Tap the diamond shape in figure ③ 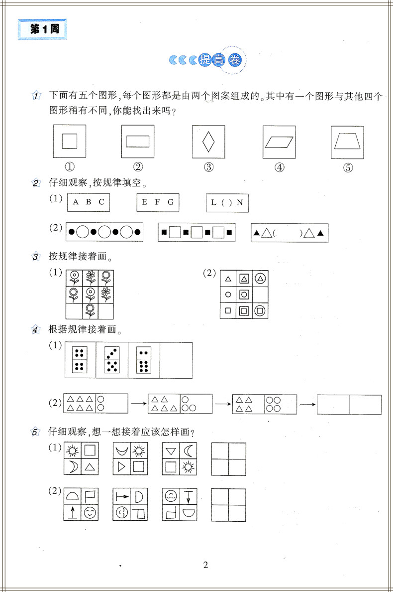coord(208,142)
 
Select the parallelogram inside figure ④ coord(280,142)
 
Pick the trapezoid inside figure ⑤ coord(348,142)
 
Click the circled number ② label coord(138,167)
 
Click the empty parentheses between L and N coord(227,203)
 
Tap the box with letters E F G coord(158,202)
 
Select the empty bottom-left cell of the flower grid coord(74,311)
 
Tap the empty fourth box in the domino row coord(176,360)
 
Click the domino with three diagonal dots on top coord(112,352)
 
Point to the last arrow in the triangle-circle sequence coord(307,404)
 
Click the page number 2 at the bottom coord(205,565)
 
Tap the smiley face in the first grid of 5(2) coord(90,512)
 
